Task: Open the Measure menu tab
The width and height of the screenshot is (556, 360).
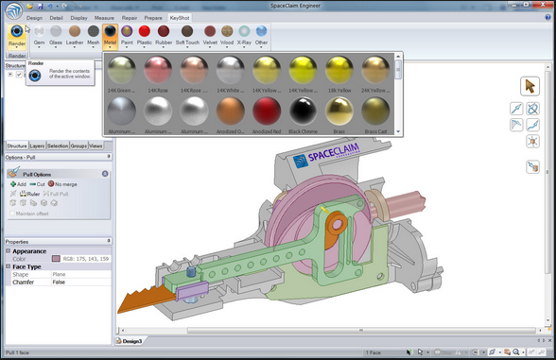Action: coord(105,18)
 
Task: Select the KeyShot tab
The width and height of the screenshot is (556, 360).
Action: coord(180,18)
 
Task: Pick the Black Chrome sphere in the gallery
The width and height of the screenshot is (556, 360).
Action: coord(305,111)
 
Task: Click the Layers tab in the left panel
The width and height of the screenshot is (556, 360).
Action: coord(36,146)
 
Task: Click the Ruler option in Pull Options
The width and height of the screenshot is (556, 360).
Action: coord(29,194)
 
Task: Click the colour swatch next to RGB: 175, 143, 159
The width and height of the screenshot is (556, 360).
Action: coord(58,258)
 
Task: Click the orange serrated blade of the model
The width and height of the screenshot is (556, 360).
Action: coord(142,305)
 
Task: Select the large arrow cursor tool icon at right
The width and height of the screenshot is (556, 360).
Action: coord(530,86)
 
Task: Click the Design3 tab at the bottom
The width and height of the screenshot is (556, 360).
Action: coord(130,340)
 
